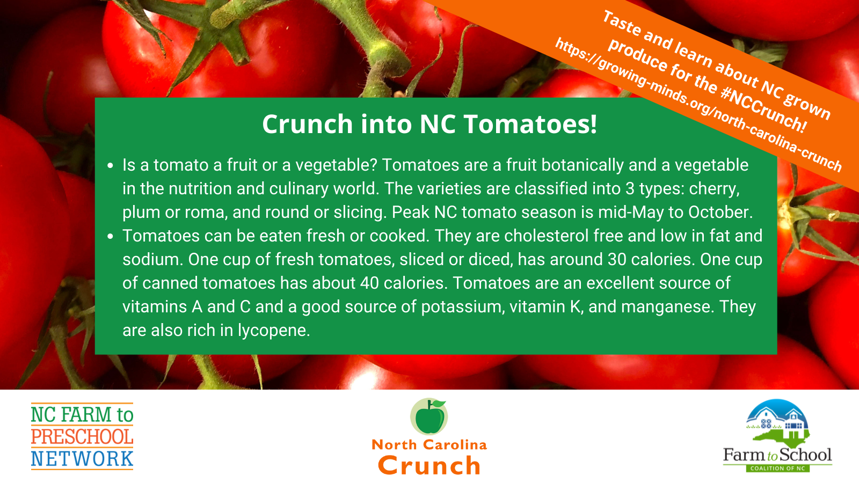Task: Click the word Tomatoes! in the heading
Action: pyautogui.click(x=530, y=124)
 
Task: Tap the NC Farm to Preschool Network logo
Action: pyautogui.click(x=82, y=436)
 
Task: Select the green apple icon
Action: pyautogui.click(x=429, y=416)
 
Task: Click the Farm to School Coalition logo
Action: pyautogui.click(x=777, y=436)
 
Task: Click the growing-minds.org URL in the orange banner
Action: pyautogui.click(x=698, y=104)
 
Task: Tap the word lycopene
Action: pyautogui.click(x=273, y=331)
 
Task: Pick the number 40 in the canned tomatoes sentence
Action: pyautogui.click(x=369, y=283)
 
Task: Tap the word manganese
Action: pyautogui.click(x=667, y=307)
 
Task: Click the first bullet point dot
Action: pyautogui.click(x=111, y=166)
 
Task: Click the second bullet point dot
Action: pyautogui.click(x=111, y=236)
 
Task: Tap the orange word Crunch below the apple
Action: pyautogui.click(x=429, y=465)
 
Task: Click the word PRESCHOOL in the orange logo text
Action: pyautogui.click(x=82, y=437)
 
